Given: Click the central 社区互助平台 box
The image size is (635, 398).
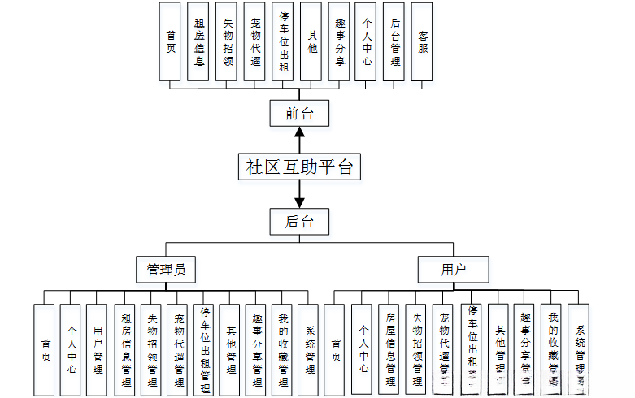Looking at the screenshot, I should point(299,167).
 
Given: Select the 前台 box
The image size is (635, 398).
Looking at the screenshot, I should point(299,114).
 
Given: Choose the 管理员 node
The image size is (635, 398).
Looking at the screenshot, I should point(166,269).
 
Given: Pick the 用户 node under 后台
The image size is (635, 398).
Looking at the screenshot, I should point(453,269).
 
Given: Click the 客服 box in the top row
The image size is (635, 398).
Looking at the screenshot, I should point(422,41).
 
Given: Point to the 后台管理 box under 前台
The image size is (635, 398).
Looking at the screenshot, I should point(394,41).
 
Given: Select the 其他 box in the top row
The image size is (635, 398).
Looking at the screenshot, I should point(311,41).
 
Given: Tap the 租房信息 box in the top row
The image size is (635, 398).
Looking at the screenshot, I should point(199,41).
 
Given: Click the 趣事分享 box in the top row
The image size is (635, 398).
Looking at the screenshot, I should point(339,41).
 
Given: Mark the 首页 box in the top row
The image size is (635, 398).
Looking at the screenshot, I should point(171,41).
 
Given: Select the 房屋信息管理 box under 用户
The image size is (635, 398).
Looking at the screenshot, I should point(389,349).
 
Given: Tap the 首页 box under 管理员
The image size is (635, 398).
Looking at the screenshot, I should point(45,349).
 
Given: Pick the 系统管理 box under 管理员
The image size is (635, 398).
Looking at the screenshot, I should point(309,349).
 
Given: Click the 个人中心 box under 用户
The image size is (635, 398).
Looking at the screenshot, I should point(362,349).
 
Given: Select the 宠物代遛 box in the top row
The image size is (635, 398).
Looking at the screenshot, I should point(254,41).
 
